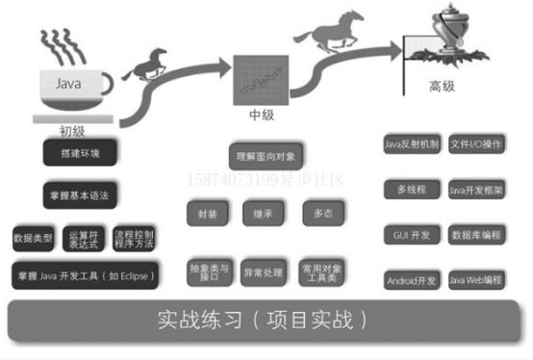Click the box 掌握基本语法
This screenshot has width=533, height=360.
(x=80, y=195)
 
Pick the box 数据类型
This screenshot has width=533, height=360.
(x=32, y=237)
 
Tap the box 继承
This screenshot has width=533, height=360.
(x=262, y=213)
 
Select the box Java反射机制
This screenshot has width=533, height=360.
(x=411, y=145)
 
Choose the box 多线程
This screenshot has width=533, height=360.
(x=411, y=191)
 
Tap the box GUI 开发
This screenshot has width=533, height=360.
(x=411, y=235)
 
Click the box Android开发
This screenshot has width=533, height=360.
(x=411, y=280)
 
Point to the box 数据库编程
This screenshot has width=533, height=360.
(x=477, y=235)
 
